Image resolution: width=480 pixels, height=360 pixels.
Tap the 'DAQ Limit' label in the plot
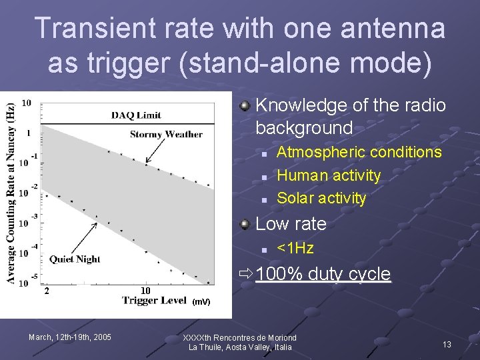tap(136, 115)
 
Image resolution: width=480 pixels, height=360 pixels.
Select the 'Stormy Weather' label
tap(166, 134)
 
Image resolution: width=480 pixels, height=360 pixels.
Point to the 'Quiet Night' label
tap(75, 259)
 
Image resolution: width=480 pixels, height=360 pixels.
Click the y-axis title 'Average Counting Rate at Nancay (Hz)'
tap(11, 193)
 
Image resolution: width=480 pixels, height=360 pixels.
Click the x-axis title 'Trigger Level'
tap(155, 300)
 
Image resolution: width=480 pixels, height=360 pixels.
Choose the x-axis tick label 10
tap(146, 291)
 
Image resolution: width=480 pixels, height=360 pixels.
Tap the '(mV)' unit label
tap(201, 302)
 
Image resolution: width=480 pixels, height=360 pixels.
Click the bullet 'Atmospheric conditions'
tap(359, 152)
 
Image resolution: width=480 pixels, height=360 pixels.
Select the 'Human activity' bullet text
tap(328, 175)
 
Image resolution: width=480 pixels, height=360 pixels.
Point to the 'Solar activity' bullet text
tap(321, 198)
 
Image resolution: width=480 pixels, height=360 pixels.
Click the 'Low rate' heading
tap(291, 224)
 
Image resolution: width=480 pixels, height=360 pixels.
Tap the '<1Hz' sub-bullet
tap(295, 249)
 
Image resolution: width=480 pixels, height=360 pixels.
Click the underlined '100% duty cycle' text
tap(323, 274)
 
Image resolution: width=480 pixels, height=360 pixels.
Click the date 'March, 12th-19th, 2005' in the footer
tap(70, 337)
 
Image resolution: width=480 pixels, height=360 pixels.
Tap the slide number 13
tap(447, 344)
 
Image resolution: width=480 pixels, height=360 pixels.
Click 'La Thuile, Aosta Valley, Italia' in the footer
tap(240, 347)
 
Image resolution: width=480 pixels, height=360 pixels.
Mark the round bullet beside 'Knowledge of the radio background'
tap(246, 106)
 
